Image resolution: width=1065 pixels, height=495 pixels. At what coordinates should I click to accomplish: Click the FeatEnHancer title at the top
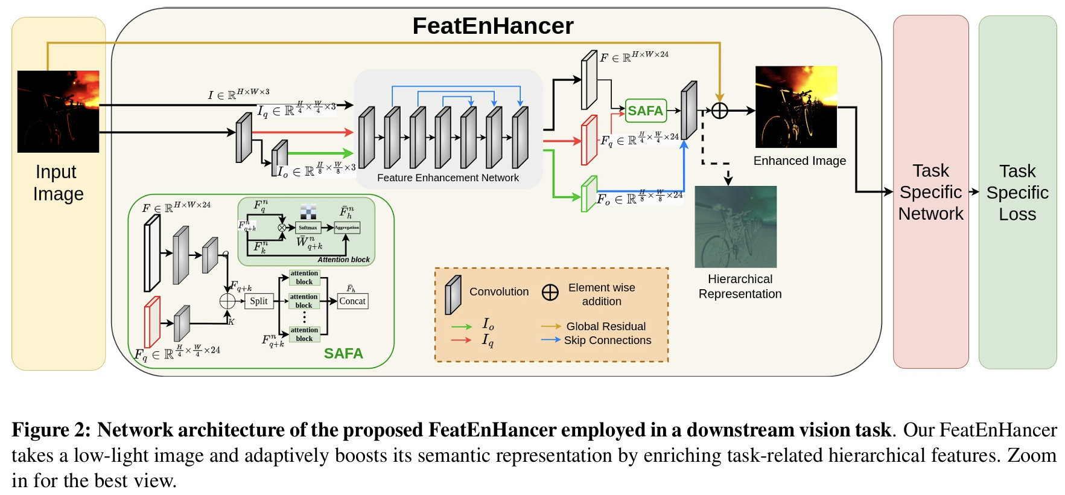(x=492, y=26)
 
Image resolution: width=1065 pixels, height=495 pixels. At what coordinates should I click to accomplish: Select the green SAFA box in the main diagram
(x=646, y=110)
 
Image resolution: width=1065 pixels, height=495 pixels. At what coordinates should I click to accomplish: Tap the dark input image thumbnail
(x=58, y=111)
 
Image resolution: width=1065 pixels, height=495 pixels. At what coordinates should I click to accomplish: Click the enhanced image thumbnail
(x=796, y=107)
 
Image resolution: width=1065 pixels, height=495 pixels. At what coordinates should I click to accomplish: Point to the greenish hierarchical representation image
(x=736, y=226)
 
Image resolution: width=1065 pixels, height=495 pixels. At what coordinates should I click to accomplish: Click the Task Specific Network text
(x=930, y=192)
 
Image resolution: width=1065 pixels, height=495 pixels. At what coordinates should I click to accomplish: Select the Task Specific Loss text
(x=1017, y=192)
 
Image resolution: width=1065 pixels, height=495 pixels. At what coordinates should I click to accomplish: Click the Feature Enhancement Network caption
(x=448, y=177)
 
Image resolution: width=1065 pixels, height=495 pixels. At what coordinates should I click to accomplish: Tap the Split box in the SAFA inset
(x=259, y=301)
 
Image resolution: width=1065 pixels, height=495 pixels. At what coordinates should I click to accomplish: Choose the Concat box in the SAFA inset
(x=352, y=301)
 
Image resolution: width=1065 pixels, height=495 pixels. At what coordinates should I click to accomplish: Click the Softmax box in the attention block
(x=308, y=228)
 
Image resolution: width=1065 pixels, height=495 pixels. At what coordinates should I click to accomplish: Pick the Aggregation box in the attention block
(x=347, y=228)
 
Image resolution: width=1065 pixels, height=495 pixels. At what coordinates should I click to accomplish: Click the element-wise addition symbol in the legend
(x=550, y=292)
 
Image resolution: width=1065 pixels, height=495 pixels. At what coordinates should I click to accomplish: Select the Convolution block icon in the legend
(x=453, y=295)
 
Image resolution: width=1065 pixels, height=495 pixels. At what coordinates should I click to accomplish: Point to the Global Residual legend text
(x=606, y=326)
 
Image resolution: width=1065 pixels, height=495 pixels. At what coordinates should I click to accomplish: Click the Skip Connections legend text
(x=608, y=340)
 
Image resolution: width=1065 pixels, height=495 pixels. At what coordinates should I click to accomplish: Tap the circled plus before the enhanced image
(x=720, y=110)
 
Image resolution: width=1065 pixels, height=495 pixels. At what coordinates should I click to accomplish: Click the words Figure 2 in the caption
(x=51, y=430)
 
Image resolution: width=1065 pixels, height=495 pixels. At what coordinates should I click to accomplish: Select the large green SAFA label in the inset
(x=343, y=353)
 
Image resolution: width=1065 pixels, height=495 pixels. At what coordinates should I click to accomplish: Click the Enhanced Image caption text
(x=800, y=161)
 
